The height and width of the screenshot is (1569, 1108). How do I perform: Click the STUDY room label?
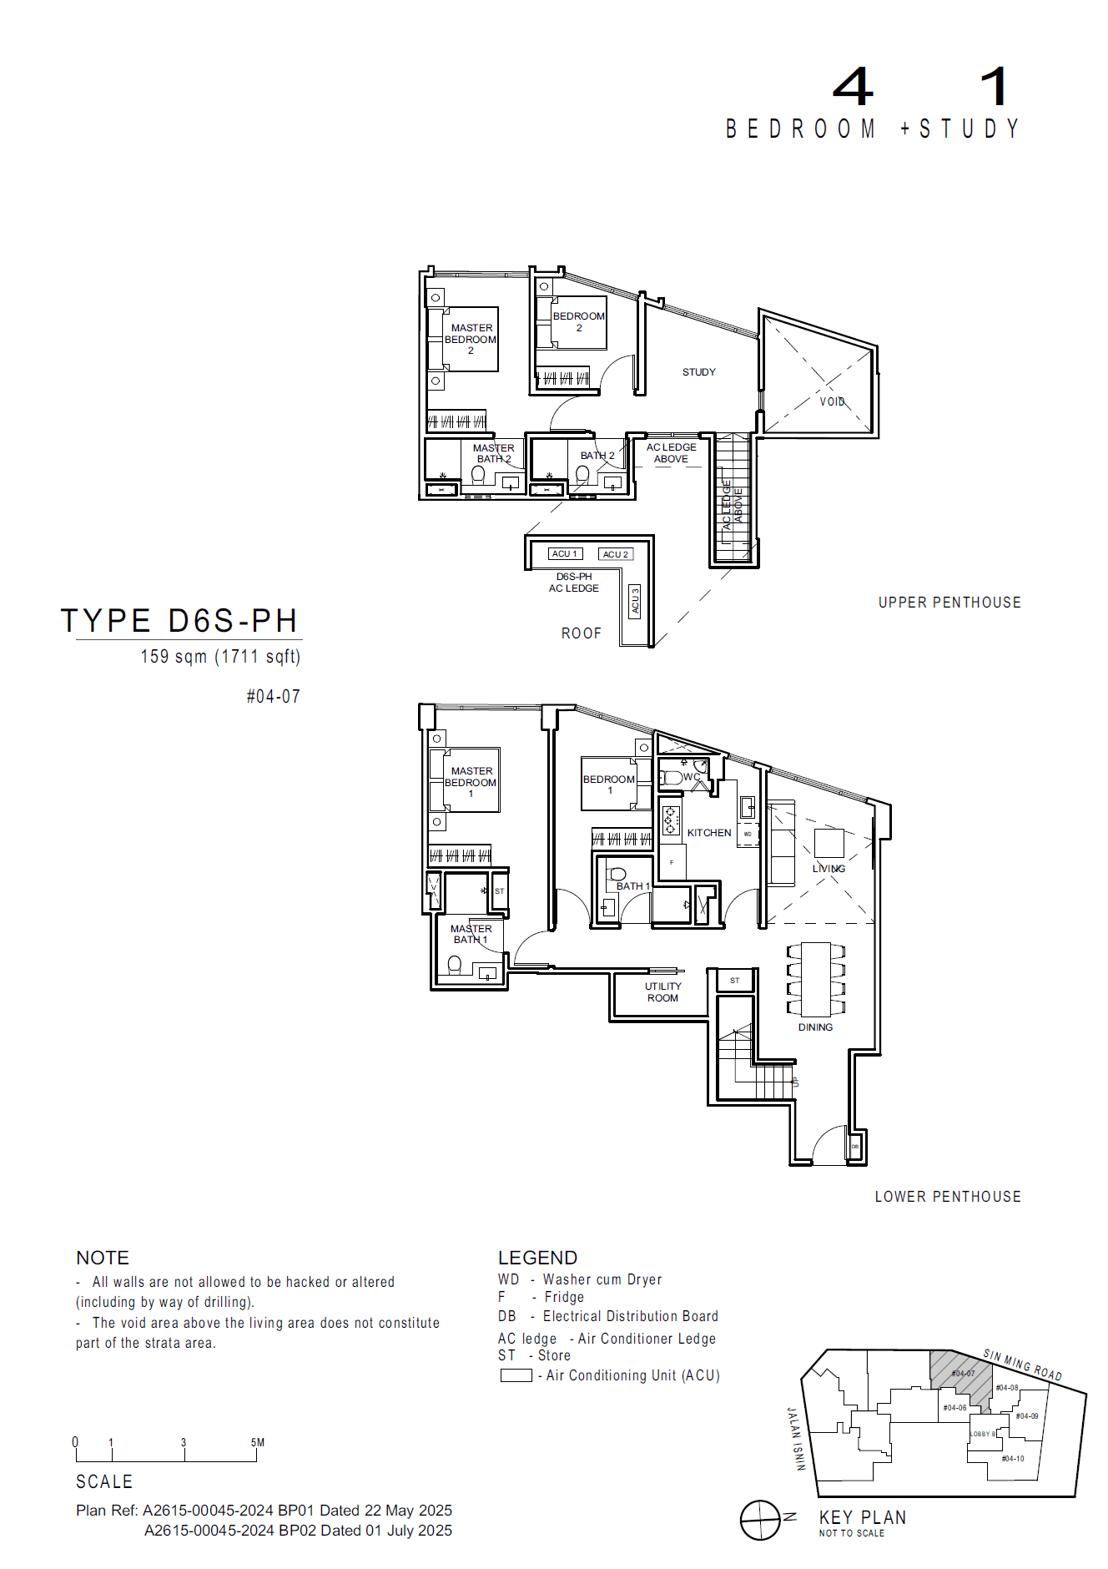click(x=698, y=372)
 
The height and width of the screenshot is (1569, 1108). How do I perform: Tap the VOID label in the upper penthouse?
click(x=832, y=401)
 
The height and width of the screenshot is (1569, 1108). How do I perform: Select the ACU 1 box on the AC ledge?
click(x=565, y=553)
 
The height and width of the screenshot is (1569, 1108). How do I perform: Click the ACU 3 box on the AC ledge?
click(x=635, y=601)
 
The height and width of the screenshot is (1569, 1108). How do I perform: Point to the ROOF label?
click(x=581, y=633)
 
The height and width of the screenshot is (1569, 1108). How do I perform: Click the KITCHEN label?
click(x=708, y=833)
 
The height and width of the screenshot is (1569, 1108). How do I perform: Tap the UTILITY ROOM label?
click(x=662, y=992)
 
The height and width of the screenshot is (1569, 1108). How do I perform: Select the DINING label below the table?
click(x=815, y=1027)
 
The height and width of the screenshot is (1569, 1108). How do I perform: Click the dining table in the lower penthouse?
click(x=816, y=978)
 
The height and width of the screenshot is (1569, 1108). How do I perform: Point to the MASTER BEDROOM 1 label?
click(x=471, y=782)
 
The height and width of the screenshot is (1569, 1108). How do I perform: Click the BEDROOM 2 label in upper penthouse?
click(x=578, y=321)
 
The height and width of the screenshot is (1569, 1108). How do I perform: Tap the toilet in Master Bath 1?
click(x=455, y=965)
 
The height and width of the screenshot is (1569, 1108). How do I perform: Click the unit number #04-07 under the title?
click(x=273, y=696)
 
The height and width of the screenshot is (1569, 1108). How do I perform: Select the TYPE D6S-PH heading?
click(x=179, y=621)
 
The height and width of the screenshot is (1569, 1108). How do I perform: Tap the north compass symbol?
click(x=760, y=1520)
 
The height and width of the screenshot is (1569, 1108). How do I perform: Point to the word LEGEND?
click(x=537, y=1258)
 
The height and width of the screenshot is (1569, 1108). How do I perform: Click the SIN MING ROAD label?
click(x=1022, y=1364)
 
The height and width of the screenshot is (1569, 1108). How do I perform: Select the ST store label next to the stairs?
click(x=734, y=981)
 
